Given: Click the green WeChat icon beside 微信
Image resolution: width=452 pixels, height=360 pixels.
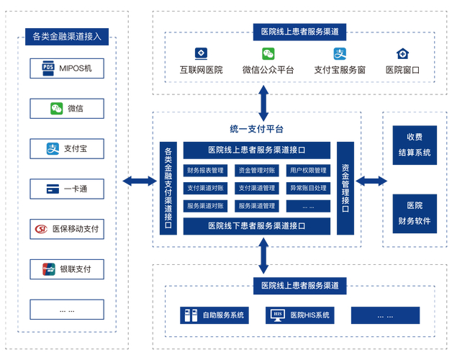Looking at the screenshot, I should tap(56, 109).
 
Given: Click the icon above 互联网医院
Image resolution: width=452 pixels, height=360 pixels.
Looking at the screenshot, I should tap(201, 53).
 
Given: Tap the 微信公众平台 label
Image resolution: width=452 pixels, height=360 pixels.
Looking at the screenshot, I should tap(268, 71).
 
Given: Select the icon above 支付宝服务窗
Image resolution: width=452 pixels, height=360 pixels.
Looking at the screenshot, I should tap(340, 53).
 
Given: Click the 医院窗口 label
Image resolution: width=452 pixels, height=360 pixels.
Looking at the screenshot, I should tap(402, 71).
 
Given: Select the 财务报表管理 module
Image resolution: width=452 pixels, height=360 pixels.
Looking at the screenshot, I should tap(205, 171).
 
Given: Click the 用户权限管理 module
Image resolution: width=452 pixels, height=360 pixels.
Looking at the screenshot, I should tap(308, 171).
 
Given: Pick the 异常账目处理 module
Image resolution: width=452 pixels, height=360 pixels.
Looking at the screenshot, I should tap(308, 188).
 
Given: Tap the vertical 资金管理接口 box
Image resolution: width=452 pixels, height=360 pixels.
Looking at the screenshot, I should tap(345, 188).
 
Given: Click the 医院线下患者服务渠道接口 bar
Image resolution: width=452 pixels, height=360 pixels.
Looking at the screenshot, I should tap(256, 226).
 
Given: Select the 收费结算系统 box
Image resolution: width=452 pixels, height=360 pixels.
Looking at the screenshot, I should tap(414, 144).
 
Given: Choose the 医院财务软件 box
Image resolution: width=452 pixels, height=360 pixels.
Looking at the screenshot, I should tap(414, 213).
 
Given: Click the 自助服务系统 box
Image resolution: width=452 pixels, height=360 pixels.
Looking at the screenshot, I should tap(214, 315).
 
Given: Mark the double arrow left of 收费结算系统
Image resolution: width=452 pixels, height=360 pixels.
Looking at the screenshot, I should tap(371, 181).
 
